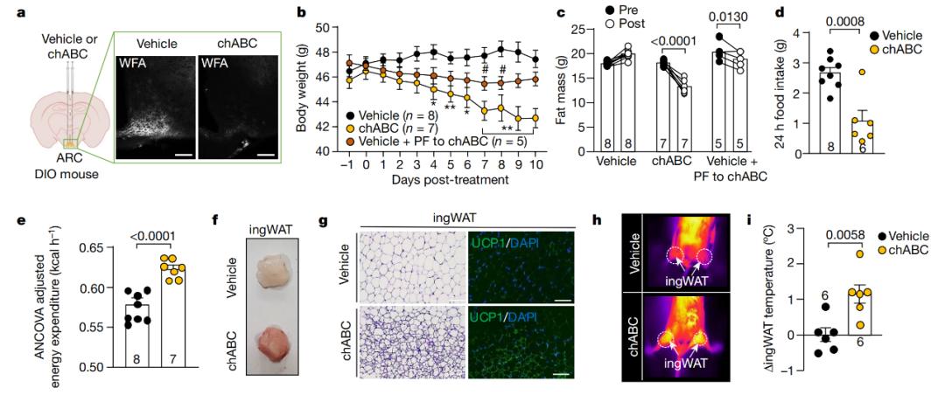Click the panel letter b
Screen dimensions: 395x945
pos(303,12)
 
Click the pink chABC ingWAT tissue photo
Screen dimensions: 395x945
pos(267,329)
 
